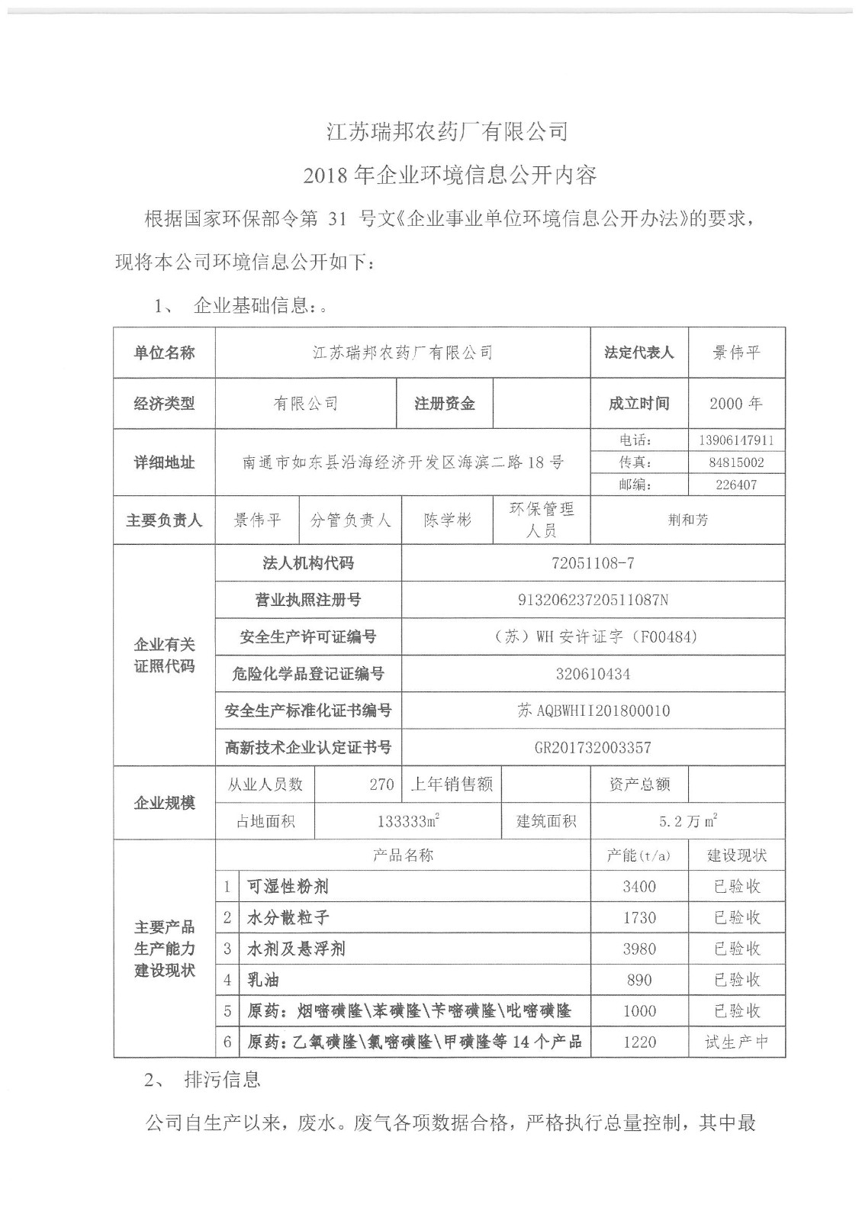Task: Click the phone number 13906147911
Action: (x=735, y=440)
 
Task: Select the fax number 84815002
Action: (x=735, y=462)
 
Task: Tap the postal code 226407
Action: (x=735, y=485)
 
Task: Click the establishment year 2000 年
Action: (x=735, y=404)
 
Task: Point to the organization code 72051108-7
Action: (x=592, y=564)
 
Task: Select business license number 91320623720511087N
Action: (x=592, y=601)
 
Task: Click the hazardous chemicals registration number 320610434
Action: (x=592, y=674)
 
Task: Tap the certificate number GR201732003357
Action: (x=592, y=748)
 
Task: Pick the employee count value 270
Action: (x=381, y=784)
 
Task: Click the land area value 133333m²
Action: (x=408, y=822)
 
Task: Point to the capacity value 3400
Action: (x=638, y=887)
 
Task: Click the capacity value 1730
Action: (x=638, y=918)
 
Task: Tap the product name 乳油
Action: (x=263, y=980)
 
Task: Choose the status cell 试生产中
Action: (x=735, y=1042)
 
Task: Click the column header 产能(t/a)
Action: (x=638, y=855)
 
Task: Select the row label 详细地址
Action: (x=164, y=462)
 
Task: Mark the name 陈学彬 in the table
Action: (x=447, y=520)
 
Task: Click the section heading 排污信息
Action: (x=222, y=1080)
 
